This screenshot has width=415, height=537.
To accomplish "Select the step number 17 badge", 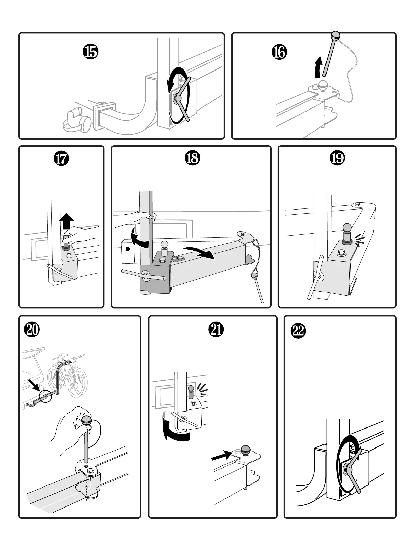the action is point(61,159).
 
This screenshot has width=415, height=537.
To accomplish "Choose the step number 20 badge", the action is point(32,330).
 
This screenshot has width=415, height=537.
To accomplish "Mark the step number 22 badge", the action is point(298,331).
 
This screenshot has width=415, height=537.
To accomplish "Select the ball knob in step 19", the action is point(348,228).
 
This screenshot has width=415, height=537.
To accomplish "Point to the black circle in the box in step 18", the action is point(127,249).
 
